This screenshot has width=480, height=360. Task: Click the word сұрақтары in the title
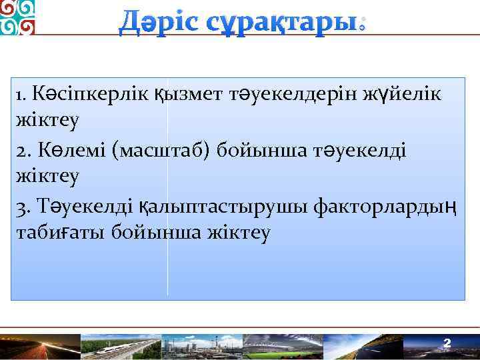[x=287, y=24]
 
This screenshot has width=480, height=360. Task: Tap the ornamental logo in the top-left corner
[x=18, y=17]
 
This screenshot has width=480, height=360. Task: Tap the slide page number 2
[x=447, y=343]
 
